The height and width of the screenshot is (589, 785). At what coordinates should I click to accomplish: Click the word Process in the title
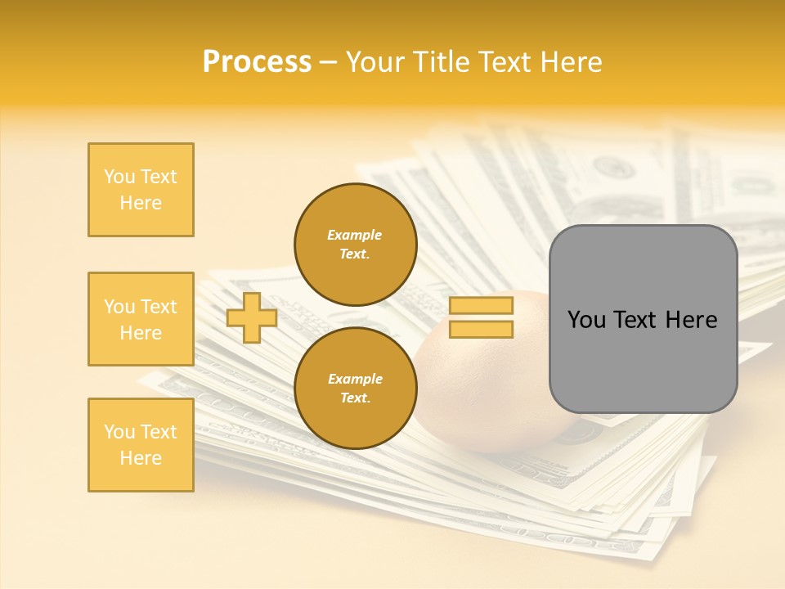point(257,62)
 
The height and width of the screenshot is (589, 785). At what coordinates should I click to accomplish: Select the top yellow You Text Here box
point(141,190)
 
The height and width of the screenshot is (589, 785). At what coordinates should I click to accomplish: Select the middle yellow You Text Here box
point(141,319)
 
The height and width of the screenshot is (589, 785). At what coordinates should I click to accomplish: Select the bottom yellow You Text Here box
point(141,445)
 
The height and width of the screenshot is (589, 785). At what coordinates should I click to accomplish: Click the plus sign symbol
point(252,317)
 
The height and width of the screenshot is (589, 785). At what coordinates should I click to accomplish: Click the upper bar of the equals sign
point(482,306)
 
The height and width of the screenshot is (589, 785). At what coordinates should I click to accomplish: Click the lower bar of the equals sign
point(482,329)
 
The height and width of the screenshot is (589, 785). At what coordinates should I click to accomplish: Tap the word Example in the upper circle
point(355,235)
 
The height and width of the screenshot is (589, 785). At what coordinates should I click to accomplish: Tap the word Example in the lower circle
point(355,379)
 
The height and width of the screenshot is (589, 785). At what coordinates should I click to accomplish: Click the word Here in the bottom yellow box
point(141,458)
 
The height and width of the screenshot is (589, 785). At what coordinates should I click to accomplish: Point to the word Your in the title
point(375,62)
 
